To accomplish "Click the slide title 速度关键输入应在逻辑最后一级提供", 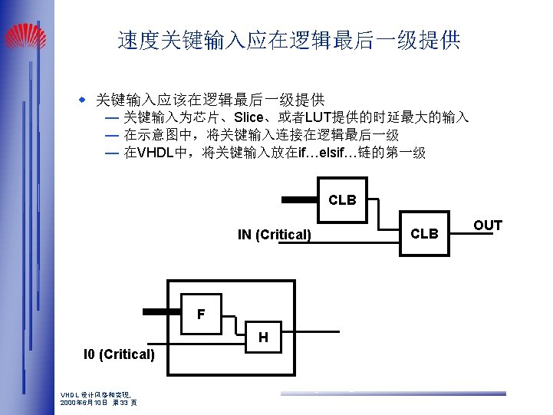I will [289, 41].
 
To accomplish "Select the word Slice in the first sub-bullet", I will [249, 118].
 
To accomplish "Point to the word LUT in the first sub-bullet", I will [318, 118].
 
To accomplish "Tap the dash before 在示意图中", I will [112, 136].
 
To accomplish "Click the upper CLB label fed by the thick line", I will [342, 200].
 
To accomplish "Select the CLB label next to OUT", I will [424, 233].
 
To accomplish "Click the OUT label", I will [487, 226].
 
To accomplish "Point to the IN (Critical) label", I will [274, 235].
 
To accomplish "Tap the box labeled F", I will [200, 315].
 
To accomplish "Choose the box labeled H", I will [263, 337].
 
